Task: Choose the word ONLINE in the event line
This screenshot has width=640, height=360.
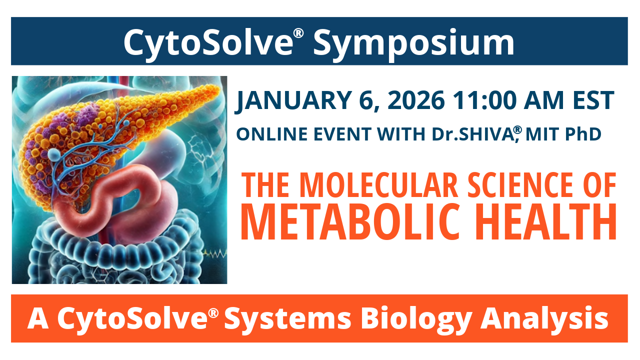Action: click(264, 134)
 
